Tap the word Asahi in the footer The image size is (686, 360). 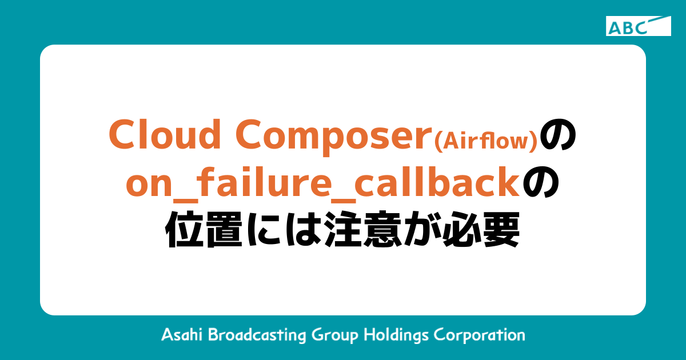coord(182,334)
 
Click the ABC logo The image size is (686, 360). coord(638,26)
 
